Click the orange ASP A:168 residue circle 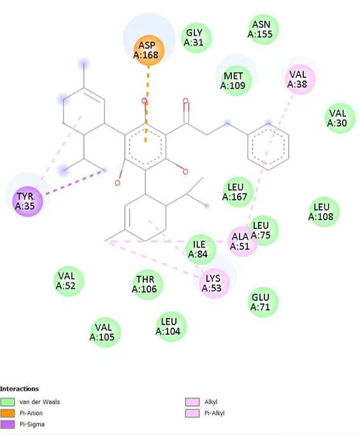click(148, 50)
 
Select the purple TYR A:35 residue click(27, 201)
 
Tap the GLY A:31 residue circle click(196, 38)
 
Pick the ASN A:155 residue click(263, 29)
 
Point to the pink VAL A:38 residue click(299, 80)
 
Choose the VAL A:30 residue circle click(340, 118)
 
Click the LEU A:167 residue click(238, 192)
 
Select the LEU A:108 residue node click(324, 211)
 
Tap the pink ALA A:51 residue click(242, 241)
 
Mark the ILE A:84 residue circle click(201, 249)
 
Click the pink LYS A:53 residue click(214, 283)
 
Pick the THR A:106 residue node click(147, 284)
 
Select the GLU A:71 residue click(263, 302)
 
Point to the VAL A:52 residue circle click(69, 281)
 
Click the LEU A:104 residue click(171, 327)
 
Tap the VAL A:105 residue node click(105, 332)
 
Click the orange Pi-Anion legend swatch click(8, 413)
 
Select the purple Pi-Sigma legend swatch click(8, 424)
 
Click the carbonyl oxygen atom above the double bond click(185, 101)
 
